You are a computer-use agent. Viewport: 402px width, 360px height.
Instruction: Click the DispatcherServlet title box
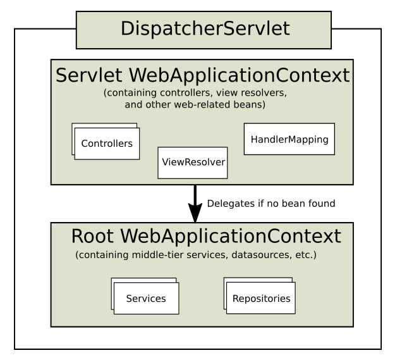204,30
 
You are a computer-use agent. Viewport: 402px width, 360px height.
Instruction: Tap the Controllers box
107,144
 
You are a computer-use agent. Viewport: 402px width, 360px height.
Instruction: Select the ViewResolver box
193,163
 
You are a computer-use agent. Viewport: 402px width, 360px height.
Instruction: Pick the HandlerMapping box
289,139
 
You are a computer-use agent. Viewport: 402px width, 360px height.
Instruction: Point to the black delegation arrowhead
195,213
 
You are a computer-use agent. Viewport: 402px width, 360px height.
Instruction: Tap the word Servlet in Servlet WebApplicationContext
88,75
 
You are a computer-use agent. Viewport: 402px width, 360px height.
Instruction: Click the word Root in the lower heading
92,236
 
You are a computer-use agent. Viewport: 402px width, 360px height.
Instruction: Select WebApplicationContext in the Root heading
231,237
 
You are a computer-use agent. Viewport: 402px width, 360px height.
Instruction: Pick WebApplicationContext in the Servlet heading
239,76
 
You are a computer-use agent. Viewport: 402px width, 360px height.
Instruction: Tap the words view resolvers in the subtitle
252,92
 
